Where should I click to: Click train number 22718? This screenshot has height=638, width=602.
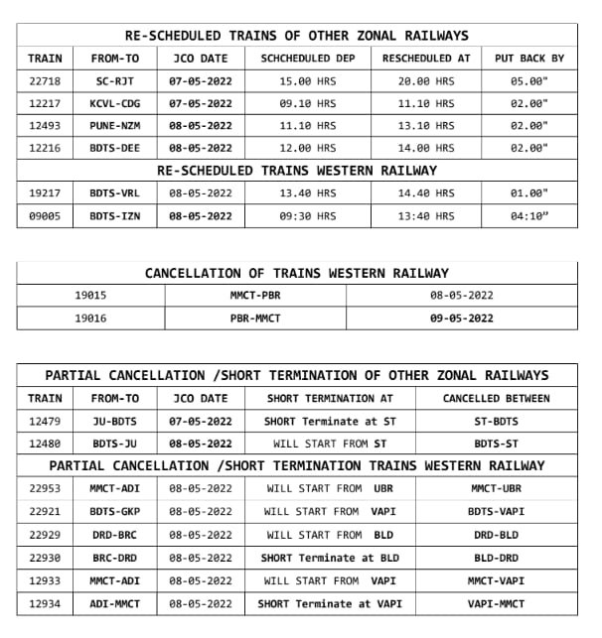coord(45,80)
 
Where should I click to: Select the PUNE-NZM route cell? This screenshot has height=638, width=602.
coord(114,125)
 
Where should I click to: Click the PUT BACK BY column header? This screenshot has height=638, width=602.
coord(528,59)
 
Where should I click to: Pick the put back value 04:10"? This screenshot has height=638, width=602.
coord(528,215)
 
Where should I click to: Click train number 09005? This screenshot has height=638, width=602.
coord(45,215)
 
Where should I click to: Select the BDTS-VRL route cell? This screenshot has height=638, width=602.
coord(114,192)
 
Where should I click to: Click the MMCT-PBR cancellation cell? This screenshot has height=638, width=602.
coord(257,295)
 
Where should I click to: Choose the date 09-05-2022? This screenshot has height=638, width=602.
coord(461,319)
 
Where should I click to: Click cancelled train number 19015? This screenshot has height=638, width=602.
coord(90,295)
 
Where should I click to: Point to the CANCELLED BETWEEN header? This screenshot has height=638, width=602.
coord(496,398)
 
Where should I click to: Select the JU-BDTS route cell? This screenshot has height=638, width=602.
coord(114,421)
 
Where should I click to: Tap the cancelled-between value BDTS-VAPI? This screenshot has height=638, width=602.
coord(496,511)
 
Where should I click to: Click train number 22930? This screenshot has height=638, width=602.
coord(45,558)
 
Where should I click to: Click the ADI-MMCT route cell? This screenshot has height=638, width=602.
coord(114,603)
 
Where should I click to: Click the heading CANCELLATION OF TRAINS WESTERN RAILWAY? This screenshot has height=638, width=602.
coord(297,273)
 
